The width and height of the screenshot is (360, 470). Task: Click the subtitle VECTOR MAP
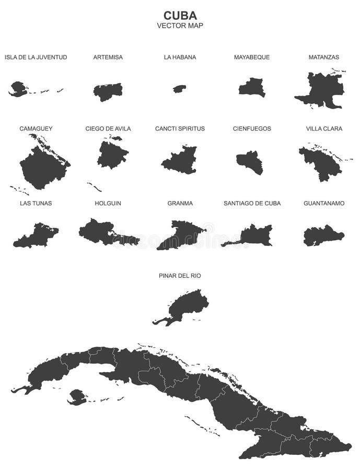(x=180, y=25)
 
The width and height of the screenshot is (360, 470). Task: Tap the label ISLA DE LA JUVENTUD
(x=36, y=57)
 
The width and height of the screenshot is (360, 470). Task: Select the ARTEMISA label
(x=108, y=57)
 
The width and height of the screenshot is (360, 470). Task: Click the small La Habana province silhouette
(x=180, y=89)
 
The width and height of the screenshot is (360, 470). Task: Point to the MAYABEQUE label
(x=252, y=57)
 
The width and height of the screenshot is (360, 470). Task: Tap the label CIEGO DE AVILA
(x=108, y=128)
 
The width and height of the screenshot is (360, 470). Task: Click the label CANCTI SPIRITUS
(x=180, y=128)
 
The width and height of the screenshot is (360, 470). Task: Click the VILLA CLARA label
(x=324, y=128)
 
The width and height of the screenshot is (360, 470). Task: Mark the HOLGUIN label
(x=108, y=203)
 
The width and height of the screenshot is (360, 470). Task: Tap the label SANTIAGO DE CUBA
(x=252, y=203)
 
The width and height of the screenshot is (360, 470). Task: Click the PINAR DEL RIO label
(x=180, y=275)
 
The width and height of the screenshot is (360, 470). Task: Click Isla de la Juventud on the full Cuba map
(x=77, y=396)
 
